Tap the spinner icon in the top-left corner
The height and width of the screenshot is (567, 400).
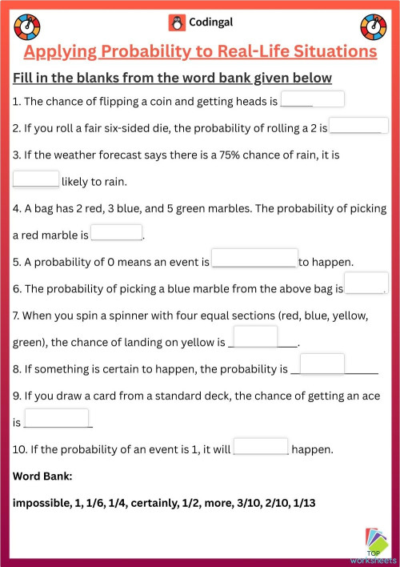(x=26, y=26)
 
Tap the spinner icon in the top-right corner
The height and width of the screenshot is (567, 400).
(x=373, y=26)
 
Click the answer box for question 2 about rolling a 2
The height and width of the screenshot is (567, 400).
(x=359, y=126)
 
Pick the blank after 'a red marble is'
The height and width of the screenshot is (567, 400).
(x=116, y=232)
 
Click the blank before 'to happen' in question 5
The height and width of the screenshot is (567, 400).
(x=254, y=258)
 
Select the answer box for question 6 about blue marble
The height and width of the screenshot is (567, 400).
(x=366, y=284)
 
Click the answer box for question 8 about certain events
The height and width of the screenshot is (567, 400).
(x=322, y=364)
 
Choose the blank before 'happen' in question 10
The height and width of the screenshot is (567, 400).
(x=260, y=446)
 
